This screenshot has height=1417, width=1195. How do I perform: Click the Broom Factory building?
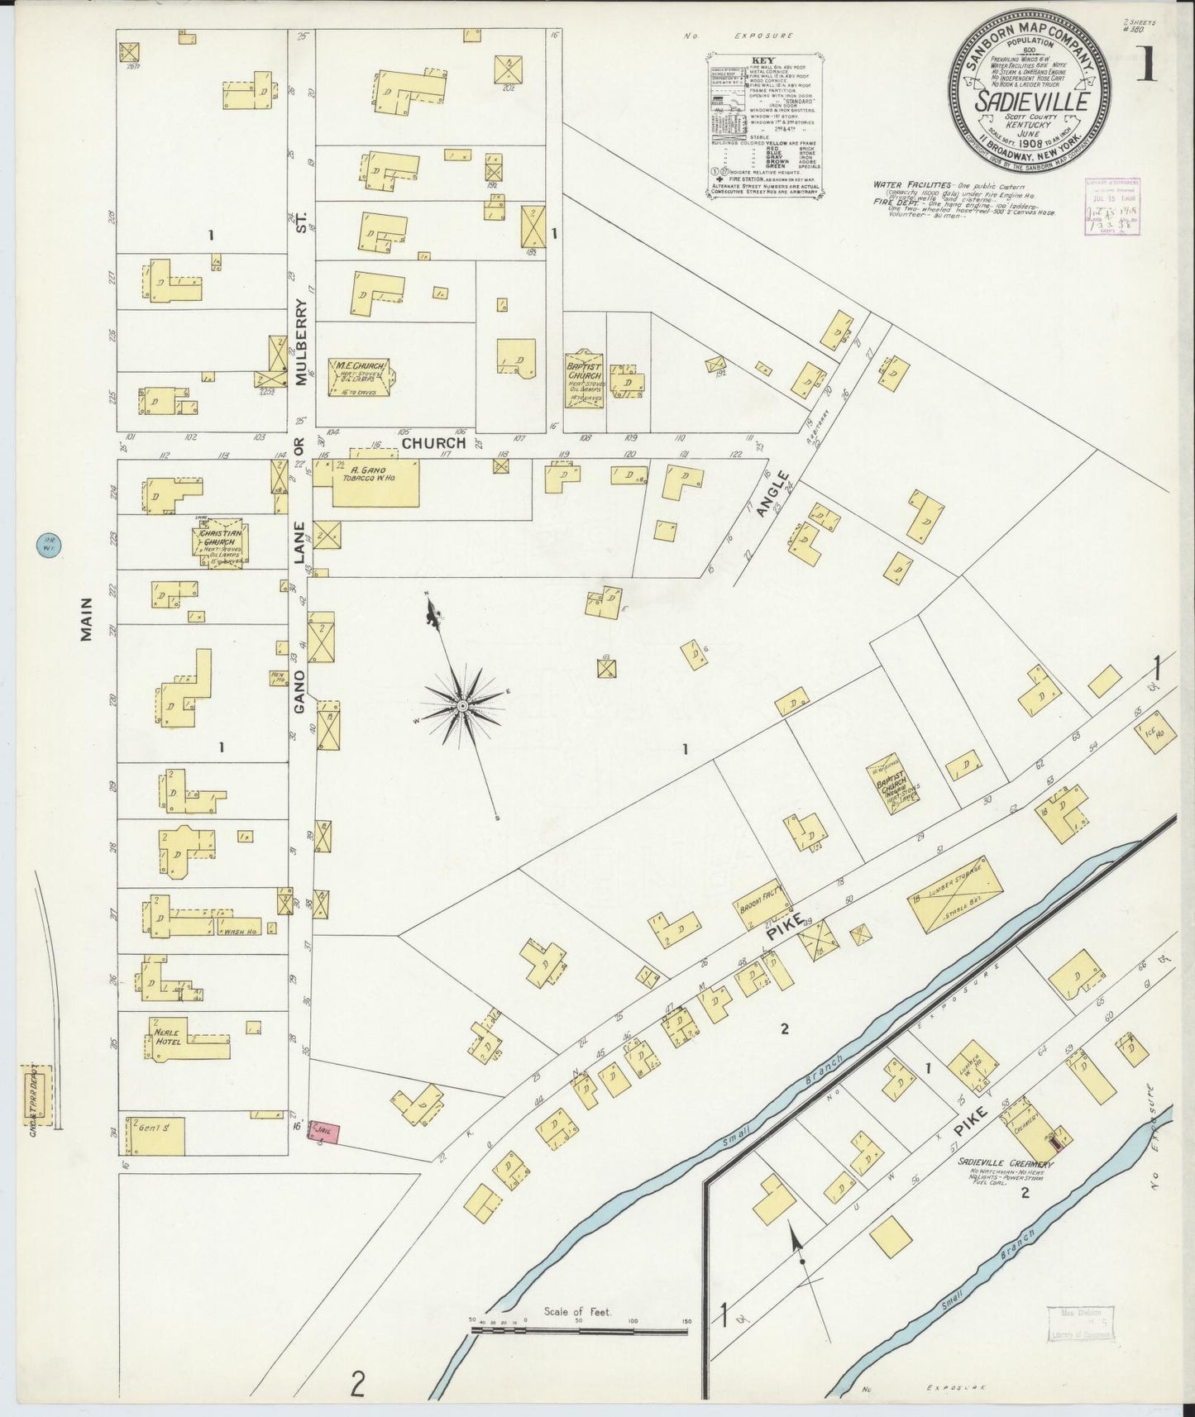(758, 904)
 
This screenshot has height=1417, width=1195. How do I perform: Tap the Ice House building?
(1156, 733)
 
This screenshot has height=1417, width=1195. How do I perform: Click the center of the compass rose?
(462, 705)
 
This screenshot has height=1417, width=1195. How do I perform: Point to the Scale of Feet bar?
(580, 1330)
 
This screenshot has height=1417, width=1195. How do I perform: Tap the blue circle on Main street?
(46, 546)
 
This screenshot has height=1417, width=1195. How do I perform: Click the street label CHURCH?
(434, 443)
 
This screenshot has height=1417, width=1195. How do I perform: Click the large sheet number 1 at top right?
(1146, 64)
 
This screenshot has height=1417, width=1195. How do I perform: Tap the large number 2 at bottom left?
(357, 1383)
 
